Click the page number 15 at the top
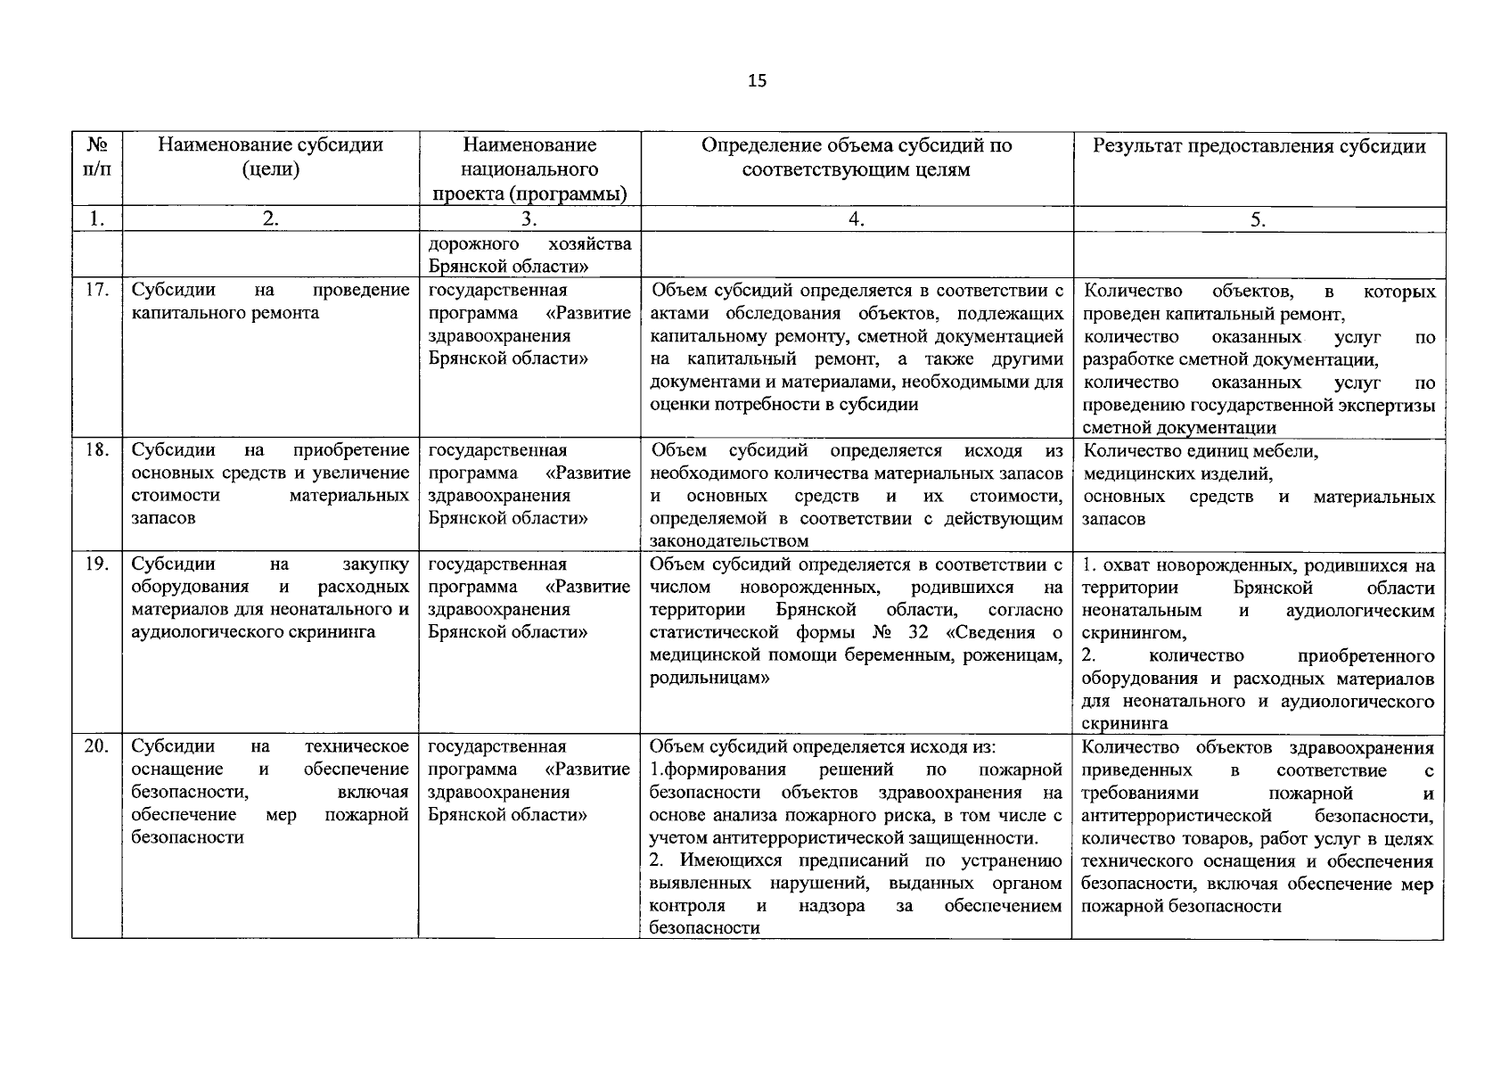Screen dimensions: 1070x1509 pyautogui.click(x=756, y=81)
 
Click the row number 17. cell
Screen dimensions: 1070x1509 pyautogui.click(x=96, y=290)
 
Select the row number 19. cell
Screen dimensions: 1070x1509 pyautogui.click(x=96, y=564)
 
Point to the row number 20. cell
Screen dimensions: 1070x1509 pyautogui.click(x=96, y=746)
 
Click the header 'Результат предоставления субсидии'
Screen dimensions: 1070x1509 pyautogui.click(x=1259, y=146)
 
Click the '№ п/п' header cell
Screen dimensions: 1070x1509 pyautogui.click(x=96, y=157)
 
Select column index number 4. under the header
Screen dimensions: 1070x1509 pyautogui.click(x=856, y=219)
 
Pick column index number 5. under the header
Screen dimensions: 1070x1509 pyautogui.click(x=1258, y=219)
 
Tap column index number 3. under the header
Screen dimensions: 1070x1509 pyautogui.click(x=529, y=219)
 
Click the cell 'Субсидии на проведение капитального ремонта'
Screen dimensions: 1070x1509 pyautogui.click(x=270, y=301)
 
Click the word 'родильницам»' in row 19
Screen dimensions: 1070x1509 pyautogui.click(x=709, y=678)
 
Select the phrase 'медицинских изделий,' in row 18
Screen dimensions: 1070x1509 pyautogui.click(x=1177, y=473)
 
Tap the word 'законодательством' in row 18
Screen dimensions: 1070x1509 pyautogui.click(x=729, y=541)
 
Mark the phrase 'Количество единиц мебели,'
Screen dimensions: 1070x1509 pyautogui.click(x=1200, y=451)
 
